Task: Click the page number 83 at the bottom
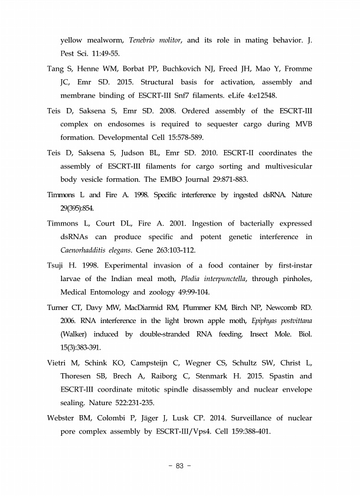pyautogui.click(x=180, y=466)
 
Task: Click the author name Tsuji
pyautogui.click(x=57, y=265)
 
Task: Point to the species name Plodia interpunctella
pyautogui.click(x=214, y=279)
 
